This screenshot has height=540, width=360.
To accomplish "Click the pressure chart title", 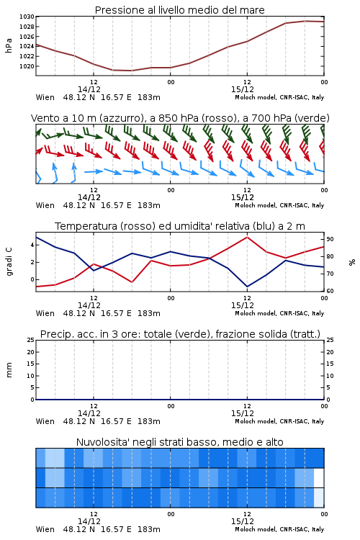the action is point(179,10).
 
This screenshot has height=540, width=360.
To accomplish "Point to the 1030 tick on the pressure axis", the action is point(27,17).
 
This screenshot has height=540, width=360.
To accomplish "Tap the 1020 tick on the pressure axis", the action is point(27,66).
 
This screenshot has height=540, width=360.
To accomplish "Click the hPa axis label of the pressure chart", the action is point(9,45).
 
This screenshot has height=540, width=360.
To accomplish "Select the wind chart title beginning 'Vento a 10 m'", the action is point(180,118).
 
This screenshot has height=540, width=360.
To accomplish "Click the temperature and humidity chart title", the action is point(180,226).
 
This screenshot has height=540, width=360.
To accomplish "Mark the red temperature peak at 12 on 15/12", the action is point(247,237).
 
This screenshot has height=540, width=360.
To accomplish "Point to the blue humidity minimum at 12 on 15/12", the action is point(247,287).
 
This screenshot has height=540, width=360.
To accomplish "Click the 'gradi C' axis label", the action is point(9,261).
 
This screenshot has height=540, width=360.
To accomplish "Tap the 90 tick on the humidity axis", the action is point(330,239).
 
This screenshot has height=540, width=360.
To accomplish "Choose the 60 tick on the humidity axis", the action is point(330,291).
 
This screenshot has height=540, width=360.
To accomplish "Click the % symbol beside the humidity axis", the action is point(352,262).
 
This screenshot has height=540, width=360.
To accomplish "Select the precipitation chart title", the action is point(180,334).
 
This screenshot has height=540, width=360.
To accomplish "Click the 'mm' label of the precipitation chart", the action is point(9,370).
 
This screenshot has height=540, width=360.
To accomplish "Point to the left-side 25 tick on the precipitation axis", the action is point(31,340).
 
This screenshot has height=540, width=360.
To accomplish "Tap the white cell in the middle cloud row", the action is point(319,477).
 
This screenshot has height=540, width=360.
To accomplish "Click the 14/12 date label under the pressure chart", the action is point(89,89).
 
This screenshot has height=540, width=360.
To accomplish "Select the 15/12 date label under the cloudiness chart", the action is point(243,521).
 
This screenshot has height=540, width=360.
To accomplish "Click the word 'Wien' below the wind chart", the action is point(45,205).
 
